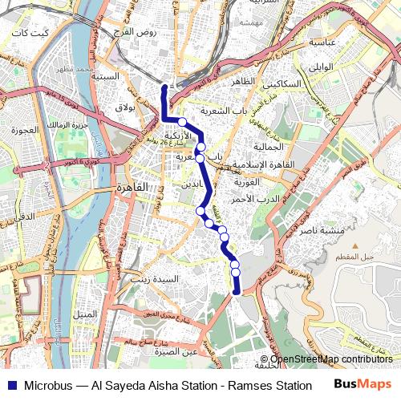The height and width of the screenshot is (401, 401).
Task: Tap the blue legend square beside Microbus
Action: [x=11, y=386]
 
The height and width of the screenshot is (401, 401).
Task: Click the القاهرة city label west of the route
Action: [x=132, y=187]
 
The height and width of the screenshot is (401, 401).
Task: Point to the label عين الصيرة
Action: [x=180, y=351]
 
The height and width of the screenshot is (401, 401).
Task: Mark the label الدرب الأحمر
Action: [x=259, y=198]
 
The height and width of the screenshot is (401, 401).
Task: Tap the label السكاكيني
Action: [x=286, y=83]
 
